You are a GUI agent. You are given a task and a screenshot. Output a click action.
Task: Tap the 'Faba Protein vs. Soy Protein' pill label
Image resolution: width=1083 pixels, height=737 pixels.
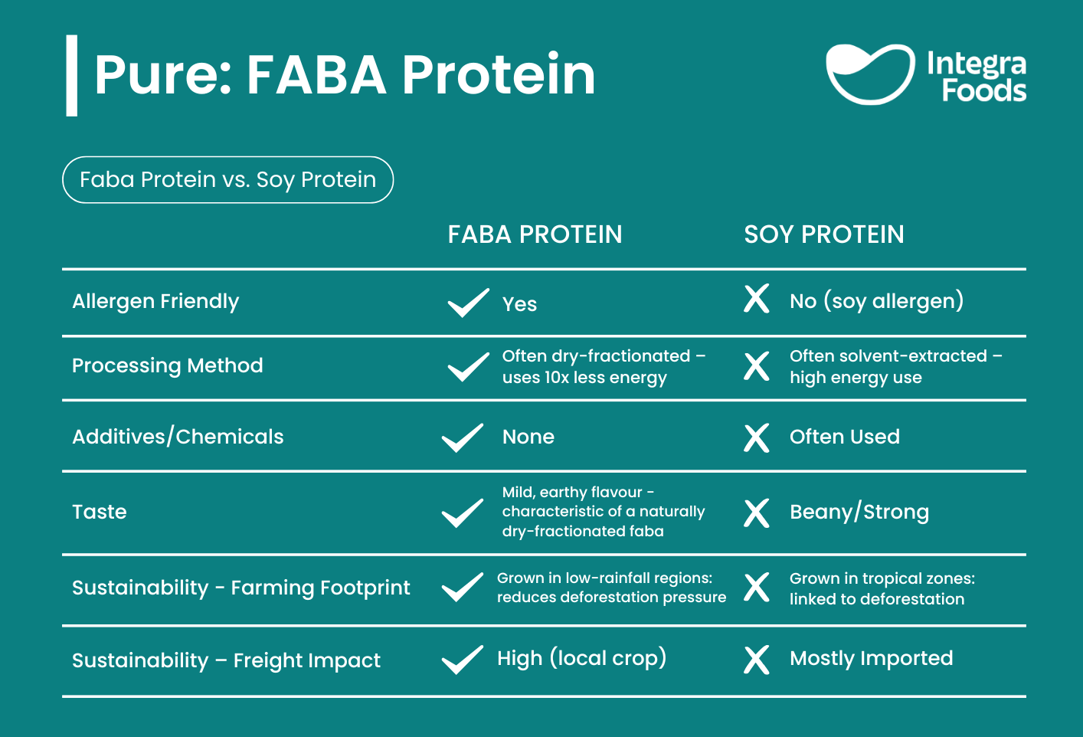(227, 180)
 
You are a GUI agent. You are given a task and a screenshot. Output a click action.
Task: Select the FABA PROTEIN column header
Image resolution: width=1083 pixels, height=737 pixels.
(535, 234)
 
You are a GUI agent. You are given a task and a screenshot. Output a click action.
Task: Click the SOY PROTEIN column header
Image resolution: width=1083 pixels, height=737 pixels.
(824, 234)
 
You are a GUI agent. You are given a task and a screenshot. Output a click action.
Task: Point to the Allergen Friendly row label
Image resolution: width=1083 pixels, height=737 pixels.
(155, 301)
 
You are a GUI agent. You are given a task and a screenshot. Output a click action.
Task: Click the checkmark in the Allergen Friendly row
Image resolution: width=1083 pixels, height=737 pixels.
(468, 303)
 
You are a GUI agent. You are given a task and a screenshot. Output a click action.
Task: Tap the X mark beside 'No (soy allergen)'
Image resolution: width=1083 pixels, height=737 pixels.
(756, 299)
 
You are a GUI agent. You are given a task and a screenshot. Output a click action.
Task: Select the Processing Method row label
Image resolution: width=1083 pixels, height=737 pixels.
(167, 365)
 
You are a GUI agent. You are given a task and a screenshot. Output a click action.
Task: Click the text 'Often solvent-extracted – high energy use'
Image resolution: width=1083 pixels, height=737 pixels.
(896, 366)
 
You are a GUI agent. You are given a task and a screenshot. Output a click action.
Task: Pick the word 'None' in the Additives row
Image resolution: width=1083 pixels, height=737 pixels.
(528, 437)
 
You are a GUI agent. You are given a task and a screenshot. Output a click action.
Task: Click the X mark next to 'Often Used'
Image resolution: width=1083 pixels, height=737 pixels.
(756, 438)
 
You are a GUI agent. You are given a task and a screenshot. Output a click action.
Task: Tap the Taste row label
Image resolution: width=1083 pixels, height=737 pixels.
(99, 512)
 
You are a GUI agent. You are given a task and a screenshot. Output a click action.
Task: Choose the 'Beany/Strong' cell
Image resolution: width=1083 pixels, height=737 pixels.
(859, 512)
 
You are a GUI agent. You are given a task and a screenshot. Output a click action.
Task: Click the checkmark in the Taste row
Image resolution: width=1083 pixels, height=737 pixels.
(462, 513)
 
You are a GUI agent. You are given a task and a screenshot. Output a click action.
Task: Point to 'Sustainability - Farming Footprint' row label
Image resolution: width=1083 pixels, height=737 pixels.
(240, 588)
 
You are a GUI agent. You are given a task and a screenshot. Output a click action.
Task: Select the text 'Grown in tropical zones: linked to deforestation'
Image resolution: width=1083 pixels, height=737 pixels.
(882, 588)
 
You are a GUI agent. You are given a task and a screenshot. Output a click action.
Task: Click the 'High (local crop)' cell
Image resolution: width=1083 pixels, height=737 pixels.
(581, 658)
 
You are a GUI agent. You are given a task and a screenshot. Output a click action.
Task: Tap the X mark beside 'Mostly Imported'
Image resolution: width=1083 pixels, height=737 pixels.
(756, 660)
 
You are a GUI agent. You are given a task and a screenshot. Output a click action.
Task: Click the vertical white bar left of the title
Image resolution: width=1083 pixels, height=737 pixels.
(71, 75)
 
